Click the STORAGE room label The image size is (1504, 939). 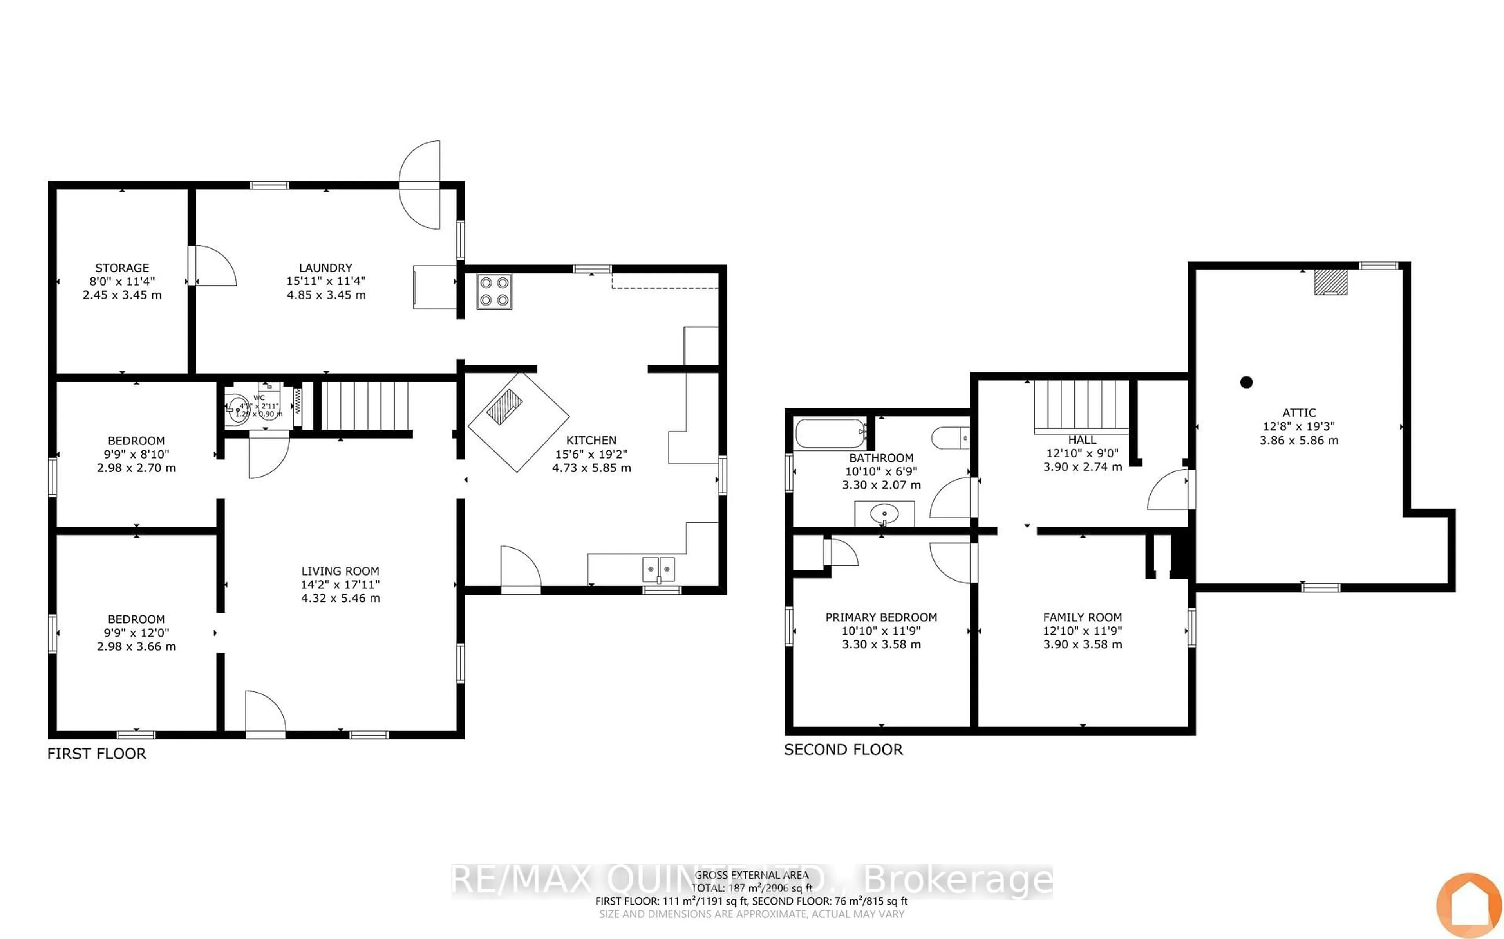tap(122, 268)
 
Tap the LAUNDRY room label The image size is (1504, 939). tap(325, 268)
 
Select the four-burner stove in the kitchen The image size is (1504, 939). tap(494, 291)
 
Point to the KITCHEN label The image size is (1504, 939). tap(591, 440)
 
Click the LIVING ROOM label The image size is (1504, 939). tap(340, 571)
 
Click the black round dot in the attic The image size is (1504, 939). tap(1246, 382)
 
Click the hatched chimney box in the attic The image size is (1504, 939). tap(1330, 282)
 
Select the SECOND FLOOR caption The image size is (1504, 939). tap(843, 750)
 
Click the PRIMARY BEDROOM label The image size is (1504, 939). tap(880, 617)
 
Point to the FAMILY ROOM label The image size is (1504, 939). tap(1082, 617)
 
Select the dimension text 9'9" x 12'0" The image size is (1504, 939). tap(136, 633)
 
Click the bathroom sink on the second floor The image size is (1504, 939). tap(884, 514)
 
